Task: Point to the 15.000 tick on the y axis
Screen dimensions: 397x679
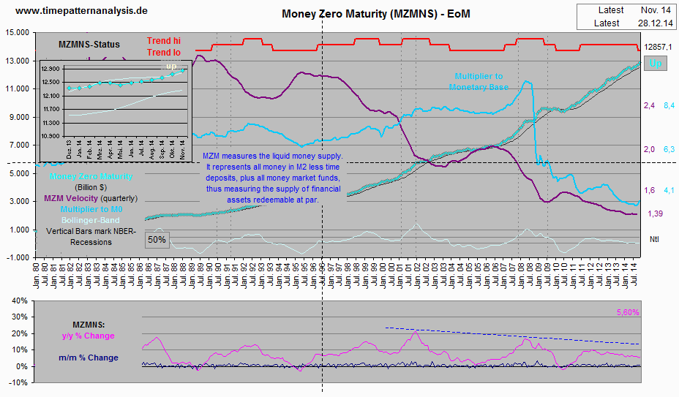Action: click(16, 33)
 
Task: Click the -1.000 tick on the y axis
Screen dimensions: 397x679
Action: click(16, 257)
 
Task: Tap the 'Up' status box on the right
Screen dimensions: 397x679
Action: click(656, 64)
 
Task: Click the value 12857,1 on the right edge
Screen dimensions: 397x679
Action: click(658, 47)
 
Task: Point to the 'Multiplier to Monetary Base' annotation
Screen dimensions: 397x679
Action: click(489, 81)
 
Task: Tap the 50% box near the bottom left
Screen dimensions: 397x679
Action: click(157, 239)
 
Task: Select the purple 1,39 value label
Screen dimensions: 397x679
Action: click(656, 213)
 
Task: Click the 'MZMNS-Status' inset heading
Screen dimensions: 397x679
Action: click(89, 45)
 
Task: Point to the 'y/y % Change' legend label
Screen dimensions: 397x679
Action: click(88, 336)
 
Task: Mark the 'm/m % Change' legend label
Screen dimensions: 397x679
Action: click(88, 358)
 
